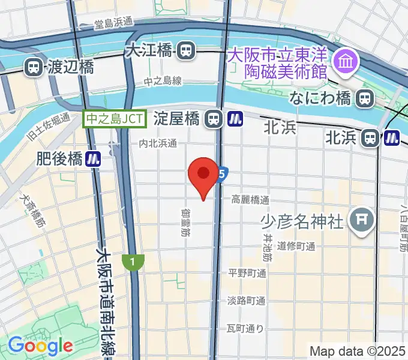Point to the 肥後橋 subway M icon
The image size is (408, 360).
92,159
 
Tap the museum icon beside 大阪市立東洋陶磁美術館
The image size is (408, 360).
346,60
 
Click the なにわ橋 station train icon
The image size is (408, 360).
364,98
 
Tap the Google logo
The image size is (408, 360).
40,345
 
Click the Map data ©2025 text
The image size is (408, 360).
357,350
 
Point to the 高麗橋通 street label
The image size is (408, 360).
250,199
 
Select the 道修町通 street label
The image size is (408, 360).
296,246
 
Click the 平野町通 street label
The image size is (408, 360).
247,273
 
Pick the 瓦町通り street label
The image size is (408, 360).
245,328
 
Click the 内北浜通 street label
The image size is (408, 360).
158,143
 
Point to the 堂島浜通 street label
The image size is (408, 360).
113,24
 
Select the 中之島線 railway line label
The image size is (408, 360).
163,81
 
